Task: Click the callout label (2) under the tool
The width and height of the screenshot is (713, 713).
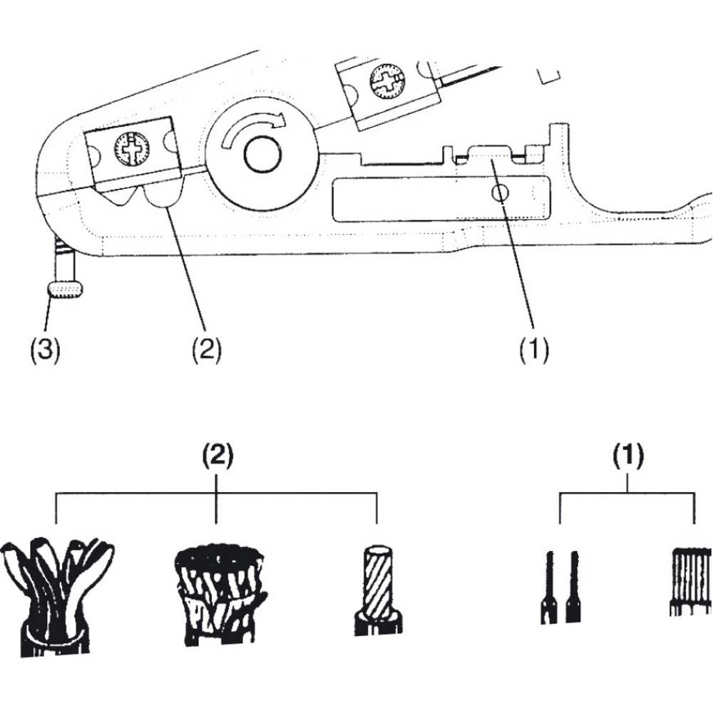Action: tap(206, 350)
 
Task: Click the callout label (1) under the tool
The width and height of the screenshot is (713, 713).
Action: tap(534, 350)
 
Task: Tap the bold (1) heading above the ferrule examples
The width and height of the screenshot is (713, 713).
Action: tap(627, 455)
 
